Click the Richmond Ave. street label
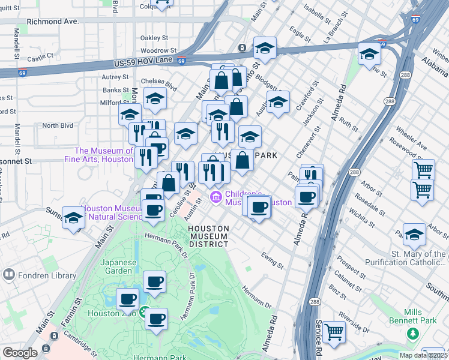click(x=53, y=21)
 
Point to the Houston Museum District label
click(x=208, y=236)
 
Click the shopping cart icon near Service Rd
click(x=334, y=332)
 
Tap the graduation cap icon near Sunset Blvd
click(x=73, y=219)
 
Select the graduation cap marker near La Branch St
click(x=369, y=55)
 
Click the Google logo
click(x=20, y=353)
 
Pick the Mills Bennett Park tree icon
click(x=412, y=332)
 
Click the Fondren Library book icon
click(x=8, y=275)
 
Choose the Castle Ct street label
click(x=41, y=58)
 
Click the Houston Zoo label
click(x=112, y=313)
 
